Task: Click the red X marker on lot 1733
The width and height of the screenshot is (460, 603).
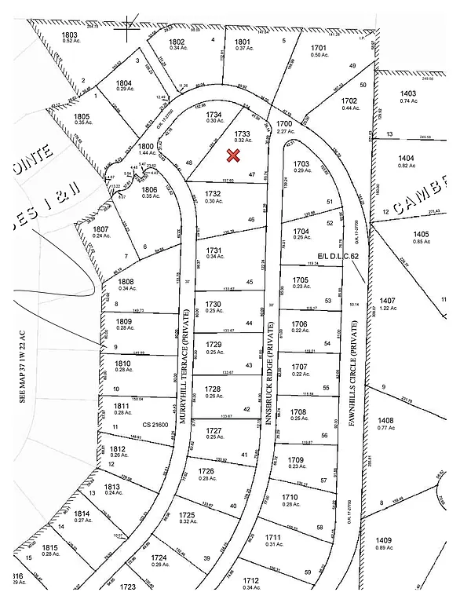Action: (233, 155)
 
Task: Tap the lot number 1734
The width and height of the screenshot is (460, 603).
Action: (214, 115)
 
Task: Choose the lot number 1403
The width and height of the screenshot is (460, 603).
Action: (408, 93)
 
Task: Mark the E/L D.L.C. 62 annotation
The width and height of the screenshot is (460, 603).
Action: (338, 257)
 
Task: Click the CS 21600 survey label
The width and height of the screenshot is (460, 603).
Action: (155, 424)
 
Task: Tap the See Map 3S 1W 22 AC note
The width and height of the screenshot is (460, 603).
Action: (23, 361)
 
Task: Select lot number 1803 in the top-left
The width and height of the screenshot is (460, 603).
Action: (70, 35)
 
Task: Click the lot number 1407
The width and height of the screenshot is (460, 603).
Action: (387, 301)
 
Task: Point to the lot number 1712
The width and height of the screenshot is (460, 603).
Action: (251, 581)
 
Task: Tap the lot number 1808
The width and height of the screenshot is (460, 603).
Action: (126, 282)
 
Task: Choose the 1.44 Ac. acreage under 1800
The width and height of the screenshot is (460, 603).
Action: (146, 154)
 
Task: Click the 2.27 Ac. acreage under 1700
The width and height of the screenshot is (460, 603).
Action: (283, 131)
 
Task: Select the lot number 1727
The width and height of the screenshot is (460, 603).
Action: (214, 431)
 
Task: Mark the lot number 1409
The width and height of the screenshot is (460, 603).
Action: (383, 539)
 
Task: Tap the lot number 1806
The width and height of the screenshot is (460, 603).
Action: (150, 188)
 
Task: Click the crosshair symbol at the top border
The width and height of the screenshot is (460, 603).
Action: (126, 31)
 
